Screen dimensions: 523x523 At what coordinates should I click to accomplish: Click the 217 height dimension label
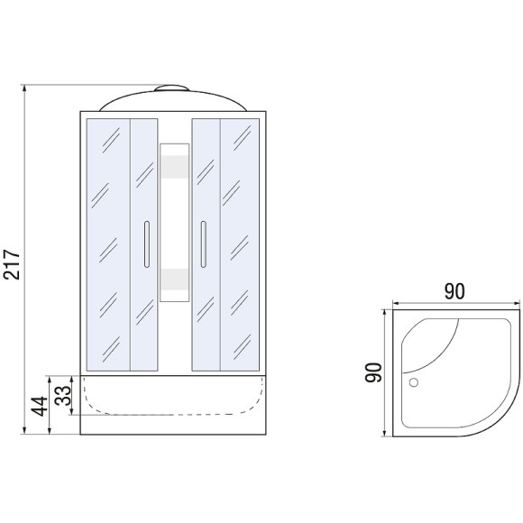click(12, 264)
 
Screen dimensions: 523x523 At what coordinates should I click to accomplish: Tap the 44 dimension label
click(40, 407)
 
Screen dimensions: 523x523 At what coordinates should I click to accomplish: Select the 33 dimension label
click(63, 396)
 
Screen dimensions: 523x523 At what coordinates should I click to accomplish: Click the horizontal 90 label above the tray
click(454, 291)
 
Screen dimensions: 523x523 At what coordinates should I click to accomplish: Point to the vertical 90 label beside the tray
click(373, 372)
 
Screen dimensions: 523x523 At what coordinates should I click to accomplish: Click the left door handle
click(147, 244)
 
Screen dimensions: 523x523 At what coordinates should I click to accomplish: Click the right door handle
click(204, 244)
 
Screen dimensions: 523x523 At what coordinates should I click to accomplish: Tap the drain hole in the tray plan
click(414, 382)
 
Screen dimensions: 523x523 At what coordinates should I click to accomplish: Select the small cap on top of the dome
click(171, 88)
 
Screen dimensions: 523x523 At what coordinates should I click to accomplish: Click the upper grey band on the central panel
click(174, 167)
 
